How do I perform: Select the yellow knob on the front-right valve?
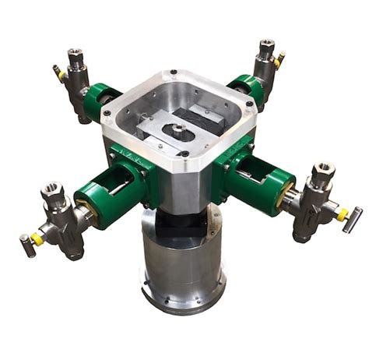(341, 214)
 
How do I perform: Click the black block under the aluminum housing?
(180, 227)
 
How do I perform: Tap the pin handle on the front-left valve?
(26, 245)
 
